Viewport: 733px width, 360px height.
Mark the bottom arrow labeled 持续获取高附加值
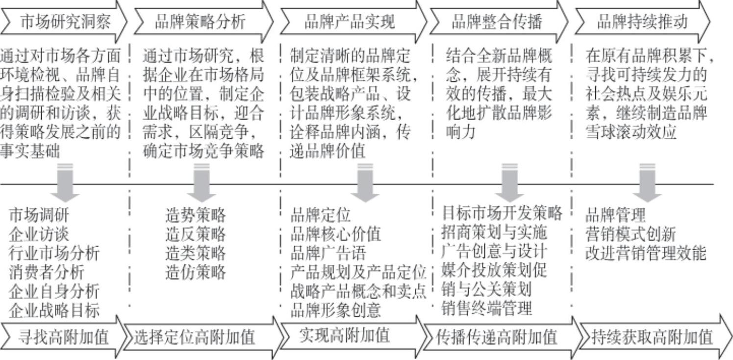coord(652,337)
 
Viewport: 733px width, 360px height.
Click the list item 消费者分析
coord(47,272)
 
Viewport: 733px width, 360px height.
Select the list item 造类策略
coord(196,253)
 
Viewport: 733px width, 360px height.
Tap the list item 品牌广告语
coord(328,253)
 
